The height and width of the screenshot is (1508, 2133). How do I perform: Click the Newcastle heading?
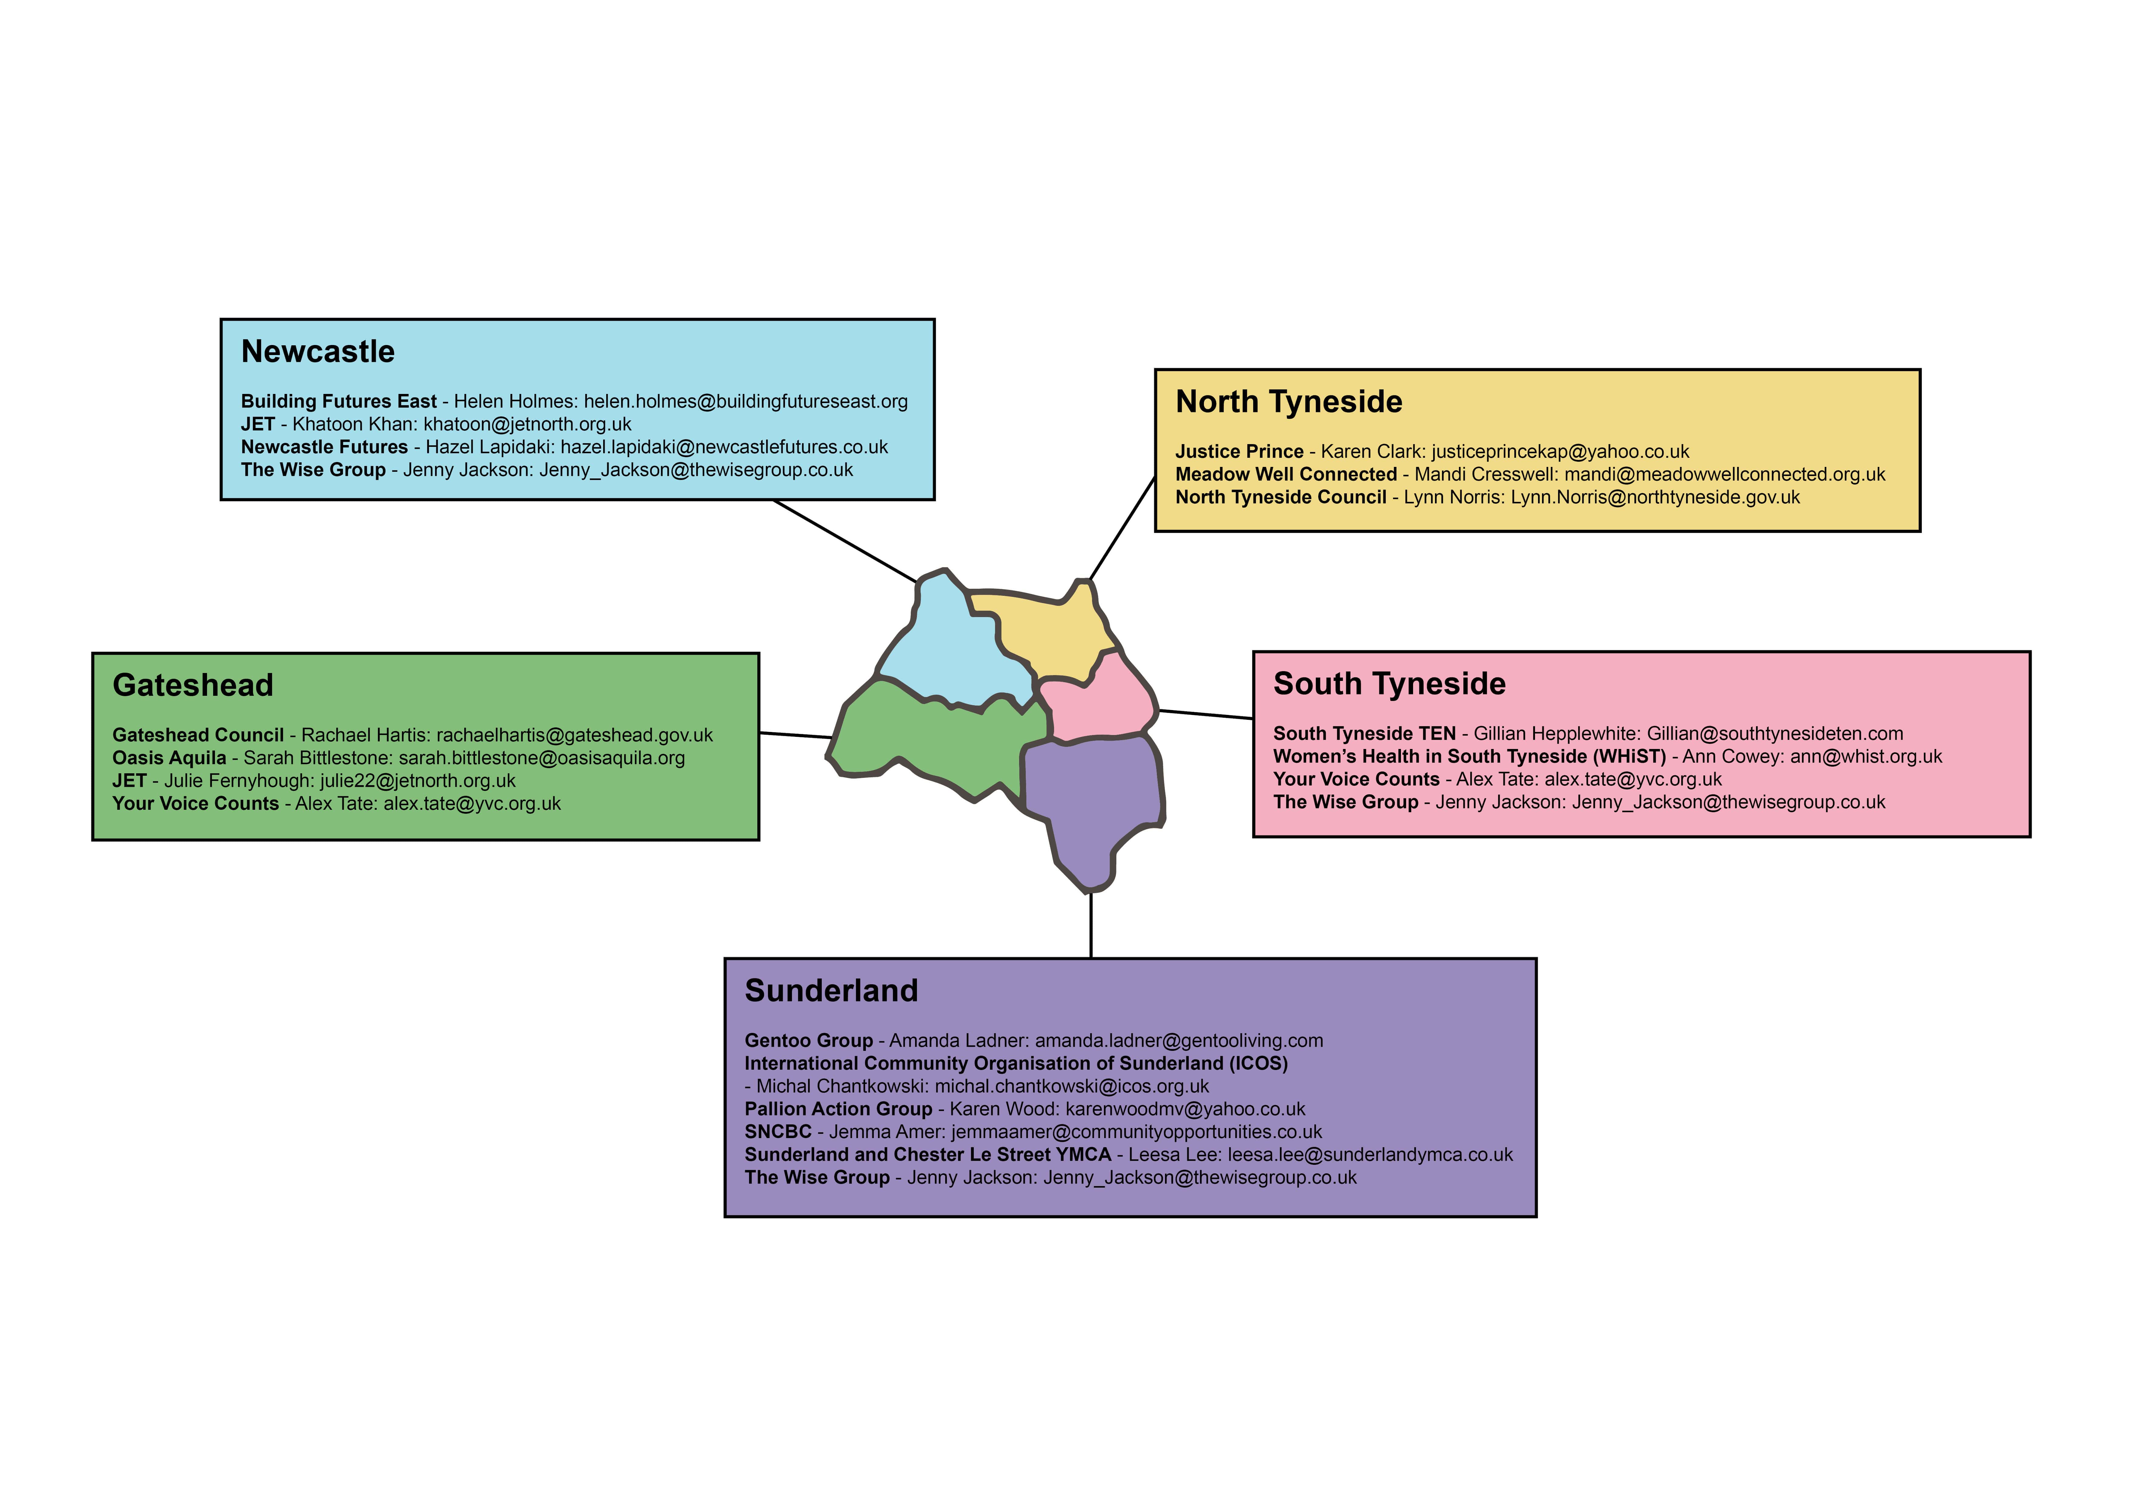(318, 352)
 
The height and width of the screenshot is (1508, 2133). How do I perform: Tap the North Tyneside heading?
(1288, 402)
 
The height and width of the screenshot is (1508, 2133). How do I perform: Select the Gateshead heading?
(193, 686)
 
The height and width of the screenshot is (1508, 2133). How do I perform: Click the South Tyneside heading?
(1389, 684)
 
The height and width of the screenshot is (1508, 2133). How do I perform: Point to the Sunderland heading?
(831, 991)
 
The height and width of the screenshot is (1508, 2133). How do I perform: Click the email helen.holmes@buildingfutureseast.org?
(746, 401)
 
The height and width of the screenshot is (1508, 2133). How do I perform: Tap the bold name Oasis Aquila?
(169, 758)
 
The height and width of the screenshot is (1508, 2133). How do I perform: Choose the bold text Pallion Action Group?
(838, 1109)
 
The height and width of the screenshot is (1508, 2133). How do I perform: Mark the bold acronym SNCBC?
(778, 1132)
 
